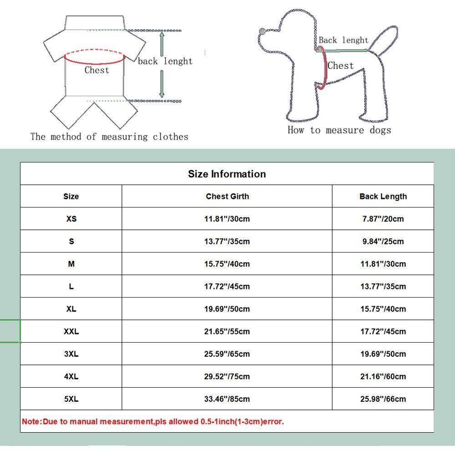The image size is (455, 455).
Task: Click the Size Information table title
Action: (227, 174)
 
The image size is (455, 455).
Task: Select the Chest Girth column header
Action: (227, 197)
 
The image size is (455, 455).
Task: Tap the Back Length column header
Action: (383, 197)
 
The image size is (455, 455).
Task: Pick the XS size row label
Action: (71, 219)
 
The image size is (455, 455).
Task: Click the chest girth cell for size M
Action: (227, 264)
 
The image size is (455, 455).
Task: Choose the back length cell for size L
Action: (383, 287)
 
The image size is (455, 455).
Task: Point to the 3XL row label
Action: (71, 354)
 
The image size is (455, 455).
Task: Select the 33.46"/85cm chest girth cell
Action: (227, 399)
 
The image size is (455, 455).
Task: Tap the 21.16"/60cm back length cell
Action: (383, 376)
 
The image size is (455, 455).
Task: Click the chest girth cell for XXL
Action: (227, 332)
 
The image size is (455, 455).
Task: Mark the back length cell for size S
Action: (383, 242)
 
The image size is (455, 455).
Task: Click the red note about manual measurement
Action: (153, 421)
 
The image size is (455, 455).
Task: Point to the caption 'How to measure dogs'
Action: (339, 130)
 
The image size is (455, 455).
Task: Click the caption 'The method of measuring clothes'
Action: (109, 136)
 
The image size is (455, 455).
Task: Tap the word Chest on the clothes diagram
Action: (97, 70)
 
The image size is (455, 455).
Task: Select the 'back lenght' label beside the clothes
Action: (165, 61)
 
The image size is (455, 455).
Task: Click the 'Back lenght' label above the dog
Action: (343, 40)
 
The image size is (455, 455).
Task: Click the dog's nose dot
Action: (262, 31)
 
